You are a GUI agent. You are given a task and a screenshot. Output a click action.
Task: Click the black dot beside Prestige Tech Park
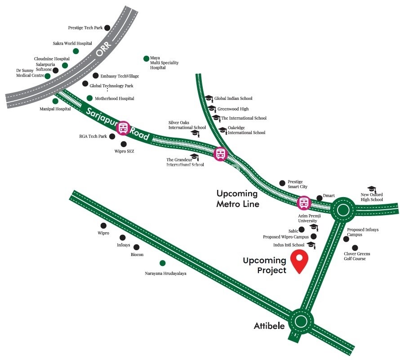(107, 28)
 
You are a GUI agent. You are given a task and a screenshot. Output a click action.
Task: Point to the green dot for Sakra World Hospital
(76, 51)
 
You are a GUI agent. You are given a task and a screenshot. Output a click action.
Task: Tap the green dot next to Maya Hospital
(146, 58)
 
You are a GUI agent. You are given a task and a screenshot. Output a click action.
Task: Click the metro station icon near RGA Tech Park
(123, 128)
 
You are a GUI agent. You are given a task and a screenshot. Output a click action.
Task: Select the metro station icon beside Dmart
(304, 202)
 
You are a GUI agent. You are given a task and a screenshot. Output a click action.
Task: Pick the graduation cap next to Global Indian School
(209, 98)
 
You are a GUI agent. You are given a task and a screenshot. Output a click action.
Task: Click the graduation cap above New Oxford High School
(371, 189)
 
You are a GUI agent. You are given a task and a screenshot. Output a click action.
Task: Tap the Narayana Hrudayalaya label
(165, 273)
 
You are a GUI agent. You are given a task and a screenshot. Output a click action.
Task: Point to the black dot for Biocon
(137, 247)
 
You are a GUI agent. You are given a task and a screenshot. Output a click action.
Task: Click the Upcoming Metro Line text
(237, 198)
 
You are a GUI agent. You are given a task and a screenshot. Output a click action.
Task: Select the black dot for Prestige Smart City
(282, 183)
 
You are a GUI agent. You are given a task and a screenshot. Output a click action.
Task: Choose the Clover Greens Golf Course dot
(355, 247)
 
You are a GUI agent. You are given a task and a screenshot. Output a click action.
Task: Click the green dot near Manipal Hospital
(55, 101)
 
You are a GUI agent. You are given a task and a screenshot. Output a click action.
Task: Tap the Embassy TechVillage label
(120, 76)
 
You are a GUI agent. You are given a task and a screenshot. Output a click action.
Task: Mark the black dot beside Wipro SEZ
(124, 144)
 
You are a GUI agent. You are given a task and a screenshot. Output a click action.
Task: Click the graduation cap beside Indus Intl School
(311, 244)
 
